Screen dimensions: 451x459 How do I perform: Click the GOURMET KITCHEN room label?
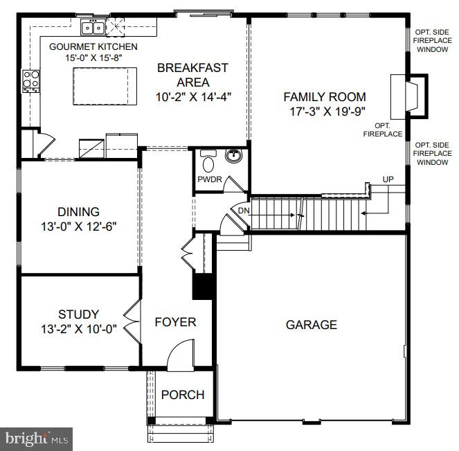point(93,46)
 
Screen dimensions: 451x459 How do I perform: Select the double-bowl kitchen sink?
point(92,28)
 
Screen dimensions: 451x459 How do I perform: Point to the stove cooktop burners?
point(30,80)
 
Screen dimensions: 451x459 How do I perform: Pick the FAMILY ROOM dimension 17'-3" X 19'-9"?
point(325,111)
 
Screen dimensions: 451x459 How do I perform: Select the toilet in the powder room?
point(208,163)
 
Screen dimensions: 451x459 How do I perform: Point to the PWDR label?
point(209,180)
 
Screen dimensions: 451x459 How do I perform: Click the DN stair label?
point(244,211)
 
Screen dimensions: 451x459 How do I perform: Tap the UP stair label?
point(388,179)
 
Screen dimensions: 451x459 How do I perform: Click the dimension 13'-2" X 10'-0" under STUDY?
point(78,328)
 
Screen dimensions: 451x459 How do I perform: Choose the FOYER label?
point(175,322)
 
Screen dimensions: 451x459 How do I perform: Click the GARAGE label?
point(312,324)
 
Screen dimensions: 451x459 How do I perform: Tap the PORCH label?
point(183,395)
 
